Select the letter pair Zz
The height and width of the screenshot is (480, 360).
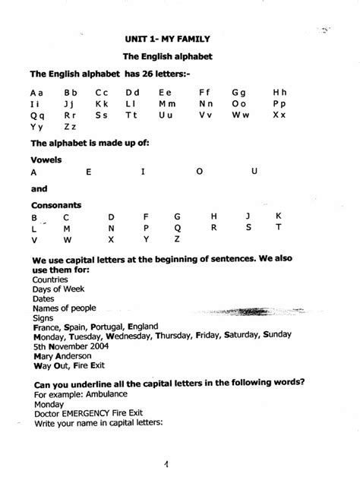70,127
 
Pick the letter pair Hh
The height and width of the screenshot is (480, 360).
279,92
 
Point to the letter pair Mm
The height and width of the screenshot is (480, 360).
167,103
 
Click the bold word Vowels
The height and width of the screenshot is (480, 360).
46,160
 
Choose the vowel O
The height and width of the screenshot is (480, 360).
200,172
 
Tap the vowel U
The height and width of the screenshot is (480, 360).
254,172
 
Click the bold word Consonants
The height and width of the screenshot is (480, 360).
56,205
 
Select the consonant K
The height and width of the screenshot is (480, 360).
279,216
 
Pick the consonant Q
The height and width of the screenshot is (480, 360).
178,228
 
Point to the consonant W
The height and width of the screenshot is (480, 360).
68,240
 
